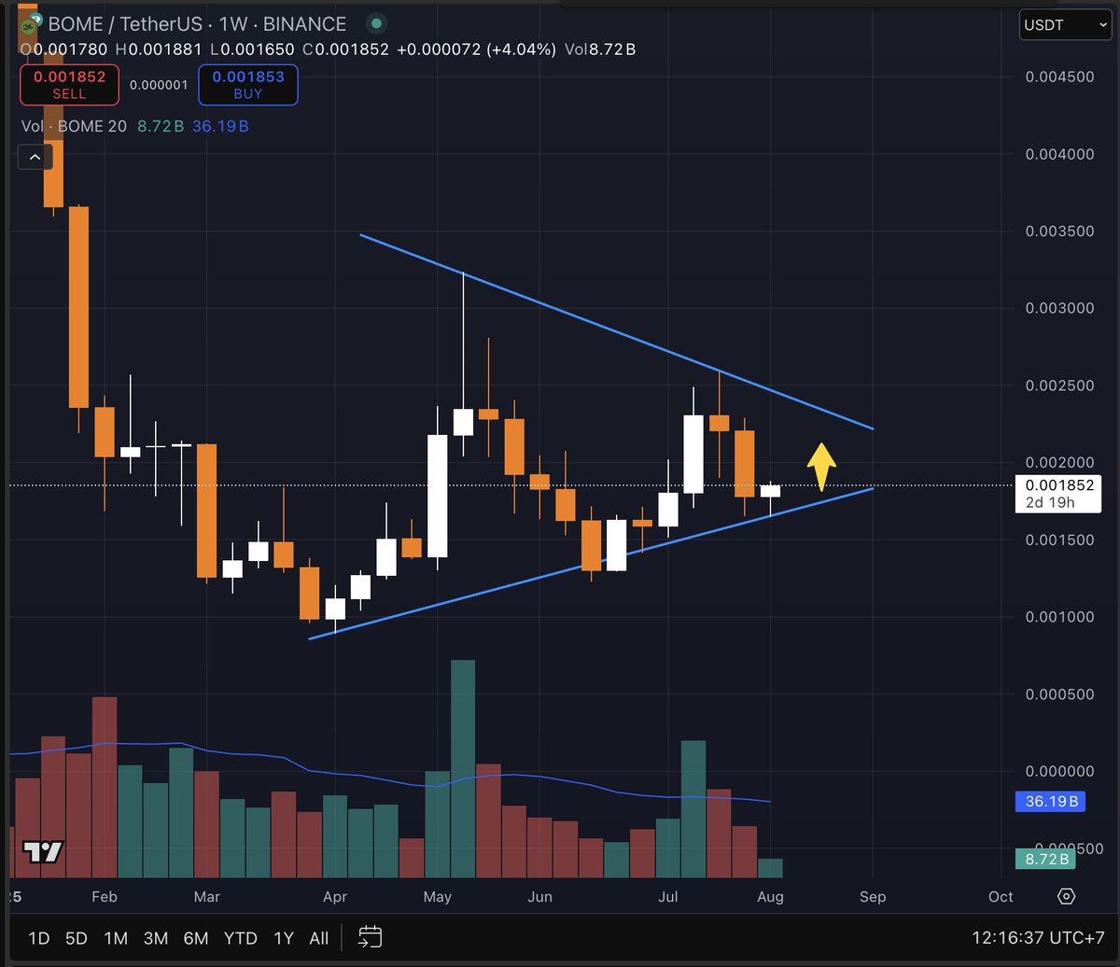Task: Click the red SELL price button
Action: click(x=69, y=85)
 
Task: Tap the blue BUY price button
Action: click(x=247, y=85)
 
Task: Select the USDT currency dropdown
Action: click(x=1064, y=25)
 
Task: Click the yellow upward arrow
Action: click(x=820, y=466)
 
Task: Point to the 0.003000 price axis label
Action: click(x=1058, y=308)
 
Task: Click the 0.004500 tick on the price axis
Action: click(x=1058, y=77)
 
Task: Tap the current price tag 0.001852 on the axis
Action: click(x=1058, y=485)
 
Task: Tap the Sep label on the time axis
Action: click(x=872, y=897)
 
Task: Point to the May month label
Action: click(x=437, y=897)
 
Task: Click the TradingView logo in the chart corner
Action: click(x=43, y=851)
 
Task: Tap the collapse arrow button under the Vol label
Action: click(x=35, y=157)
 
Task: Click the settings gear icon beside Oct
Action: click(x=1066, y=897)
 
